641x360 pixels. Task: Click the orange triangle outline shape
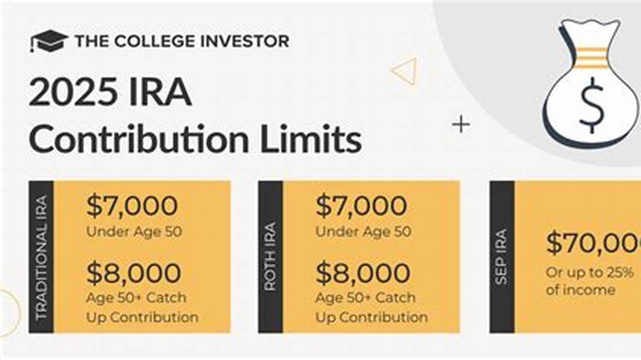point(405,71)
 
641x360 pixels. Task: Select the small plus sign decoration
point(461,125)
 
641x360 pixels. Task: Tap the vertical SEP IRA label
point(501,257)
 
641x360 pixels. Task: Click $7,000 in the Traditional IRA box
point(132,206)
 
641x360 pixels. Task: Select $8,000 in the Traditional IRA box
point(133,273)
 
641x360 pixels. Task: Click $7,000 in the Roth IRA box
point(361,206)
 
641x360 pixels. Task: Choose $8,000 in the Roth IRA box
point(363,273)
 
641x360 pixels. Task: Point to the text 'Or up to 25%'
point(589,273)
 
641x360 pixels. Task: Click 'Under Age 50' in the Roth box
point(363,231)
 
